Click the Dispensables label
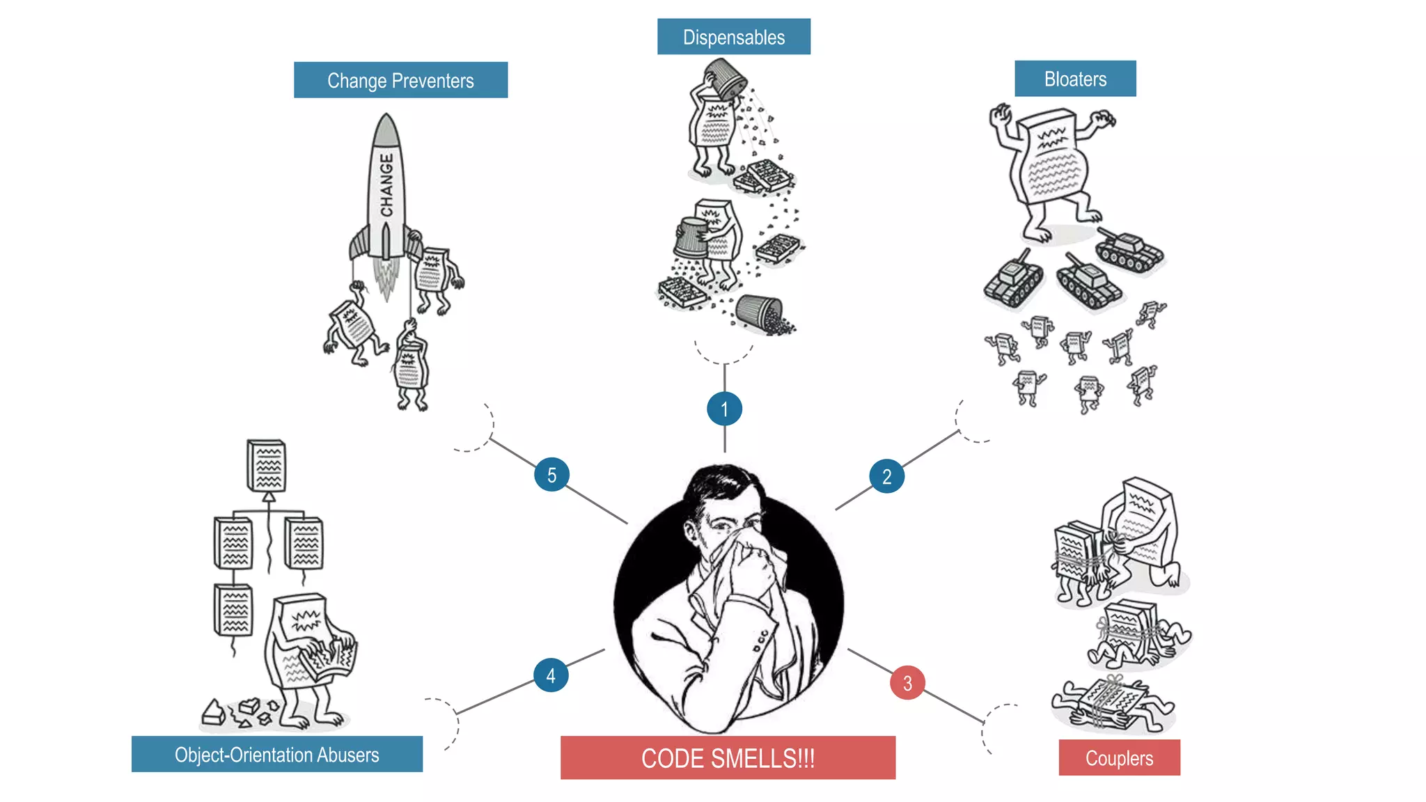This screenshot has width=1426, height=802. [x=733, y=37]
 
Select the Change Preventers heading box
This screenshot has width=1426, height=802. [x=400, y=80]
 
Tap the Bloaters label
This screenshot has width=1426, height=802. [x=1074, y=79]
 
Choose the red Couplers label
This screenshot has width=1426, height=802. [x=1119, y=757]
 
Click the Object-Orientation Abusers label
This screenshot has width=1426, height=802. [x=276, y=754]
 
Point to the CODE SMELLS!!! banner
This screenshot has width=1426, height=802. [x=728, y=757]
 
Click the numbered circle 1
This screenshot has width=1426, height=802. [x=724, y=409]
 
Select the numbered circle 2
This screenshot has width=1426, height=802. [x=886, y=476]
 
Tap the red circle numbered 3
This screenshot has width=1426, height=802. [x=907, y=683]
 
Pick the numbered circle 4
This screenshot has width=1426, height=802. [x=551, y=675]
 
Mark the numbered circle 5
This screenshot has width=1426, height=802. [x=551, y=475]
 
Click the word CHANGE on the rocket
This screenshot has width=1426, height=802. [x=386, y=185]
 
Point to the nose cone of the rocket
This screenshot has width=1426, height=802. [x=386, y=129]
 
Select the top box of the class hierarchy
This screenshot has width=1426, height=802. [x=267, y=465]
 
